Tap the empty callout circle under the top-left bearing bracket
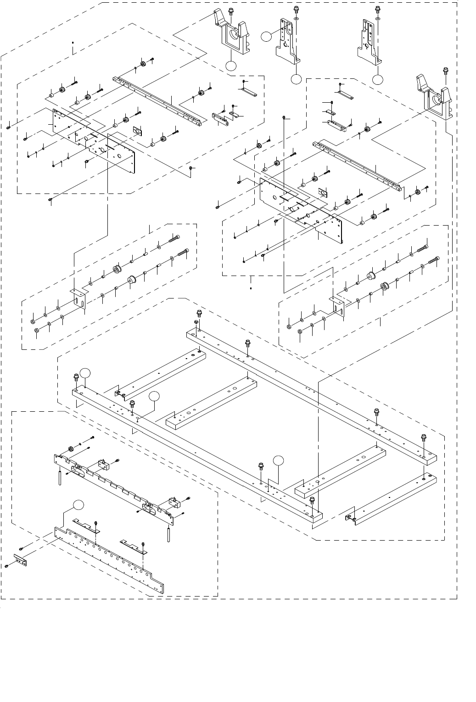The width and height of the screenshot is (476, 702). (x=231, y=66)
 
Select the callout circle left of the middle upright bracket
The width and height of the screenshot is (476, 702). (x=265, y=36)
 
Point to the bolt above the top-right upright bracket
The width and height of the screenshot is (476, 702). (x=377, y=9)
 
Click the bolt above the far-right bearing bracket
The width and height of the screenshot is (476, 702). (x=445, y=70)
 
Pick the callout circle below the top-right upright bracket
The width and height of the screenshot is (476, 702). (x=378, y=79)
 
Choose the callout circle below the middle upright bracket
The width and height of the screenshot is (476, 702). (x=296, y=79)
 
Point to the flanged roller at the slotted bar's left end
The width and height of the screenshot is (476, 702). (x=71, y=448)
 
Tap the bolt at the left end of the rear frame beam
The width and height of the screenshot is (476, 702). (x=199, y=314)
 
